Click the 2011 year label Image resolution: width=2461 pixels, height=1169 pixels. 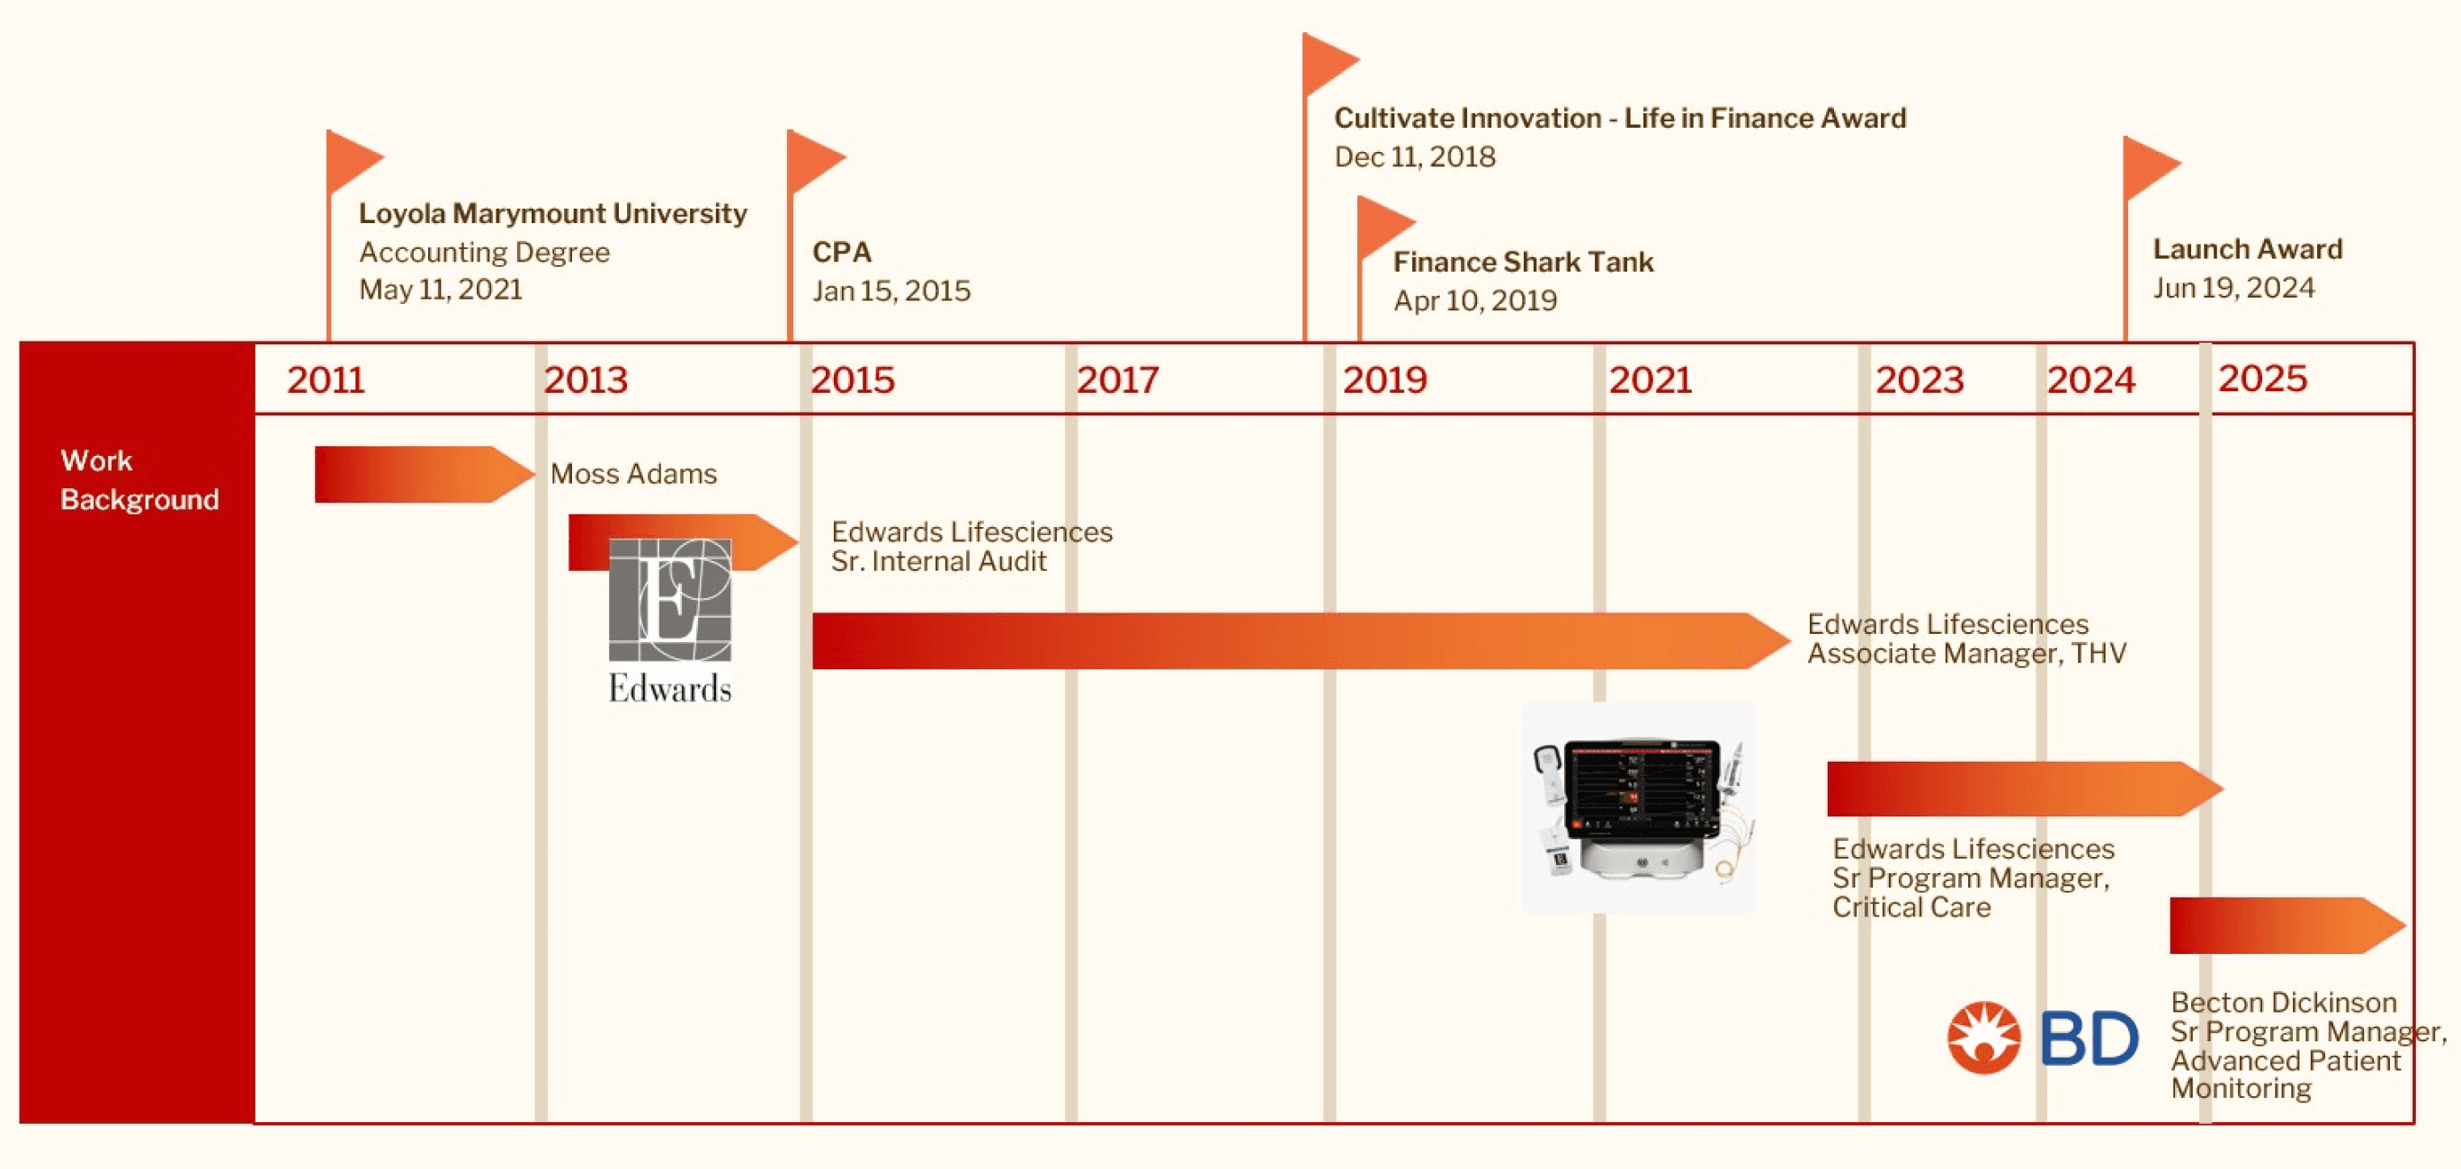[326, 380]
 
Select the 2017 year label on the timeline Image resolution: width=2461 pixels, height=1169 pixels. [1117, 380]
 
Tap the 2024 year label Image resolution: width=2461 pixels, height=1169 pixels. [2090, 380]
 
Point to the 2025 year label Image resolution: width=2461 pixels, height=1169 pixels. [2261, 379]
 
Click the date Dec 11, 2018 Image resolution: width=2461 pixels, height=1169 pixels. [1414, 156]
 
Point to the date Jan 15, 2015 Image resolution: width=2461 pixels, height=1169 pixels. [890, 290]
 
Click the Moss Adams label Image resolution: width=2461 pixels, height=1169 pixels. [633, 474]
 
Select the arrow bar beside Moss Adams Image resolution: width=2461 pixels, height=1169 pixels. [420, 474]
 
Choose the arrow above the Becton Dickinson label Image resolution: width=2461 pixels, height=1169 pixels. [2283, 925]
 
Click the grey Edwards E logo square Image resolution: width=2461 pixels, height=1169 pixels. [670, 600]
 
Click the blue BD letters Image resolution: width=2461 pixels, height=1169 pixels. [2089, 1038]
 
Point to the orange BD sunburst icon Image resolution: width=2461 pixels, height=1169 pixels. [1983, 1038]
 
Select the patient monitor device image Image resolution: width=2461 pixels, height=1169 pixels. [1639, 807]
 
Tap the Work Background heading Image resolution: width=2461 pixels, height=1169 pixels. [139, 479]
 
